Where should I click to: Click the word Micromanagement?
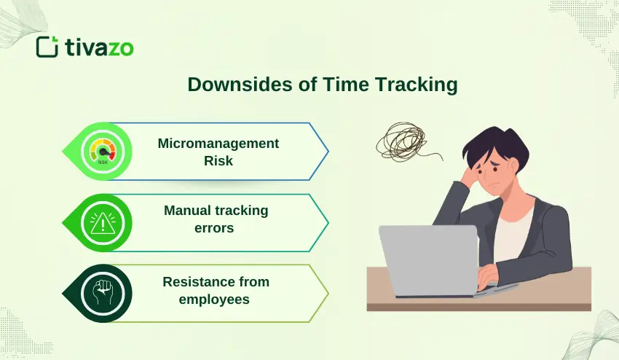point(218,144)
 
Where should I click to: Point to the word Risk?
point(218,161)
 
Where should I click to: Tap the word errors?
point(217,228)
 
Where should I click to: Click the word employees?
point(217,299)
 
